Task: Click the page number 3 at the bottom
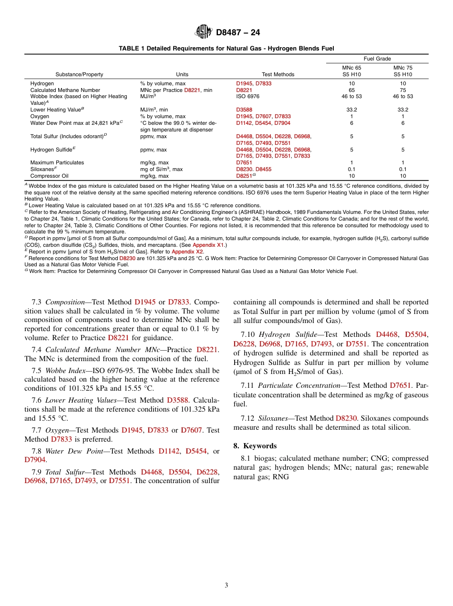tap(226, 586)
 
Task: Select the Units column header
tap(182, 74)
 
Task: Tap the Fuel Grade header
tap(377, 59)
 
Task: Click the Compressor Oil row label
tap(50, 176)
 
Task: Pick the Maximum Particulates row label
tap(57, 162)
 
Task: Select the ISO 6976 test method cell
tap(247, 96)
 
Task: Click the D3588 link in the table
tap(244, 110)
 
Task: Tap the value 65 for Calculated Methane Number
tap(351, 90)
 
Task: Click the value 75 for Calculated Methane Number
tap(402, 90)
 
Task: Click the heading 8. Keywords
tap(255, 446)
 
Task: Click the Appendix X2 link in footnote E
tap(187, 251)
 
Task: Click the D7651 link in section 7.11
tap(400, 385)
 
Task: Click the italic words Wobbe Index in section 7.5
tap(64, 371)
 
